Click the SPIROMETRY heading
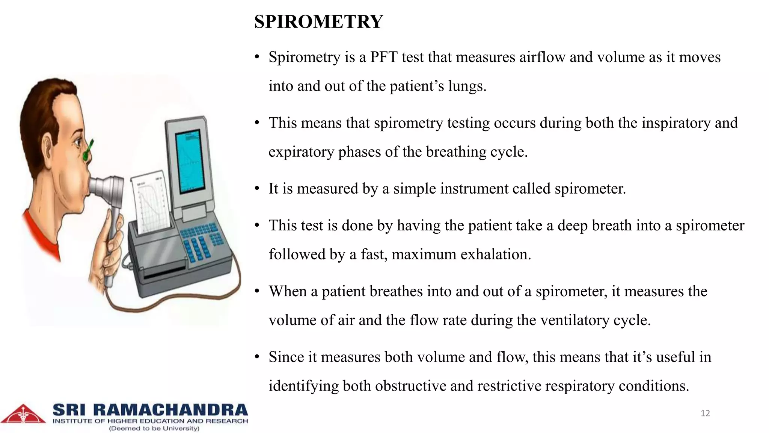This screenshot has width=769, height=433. tap(318, 21)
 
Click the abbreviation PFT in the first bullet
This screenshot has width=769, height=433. tap(383, 57)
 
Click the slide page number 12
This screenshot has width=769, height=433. tap(705, 413)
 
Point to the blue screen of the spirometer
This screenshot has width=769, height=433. tap(191, 162)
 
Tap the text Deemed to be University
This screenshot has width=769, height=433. tap(154, 428)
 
